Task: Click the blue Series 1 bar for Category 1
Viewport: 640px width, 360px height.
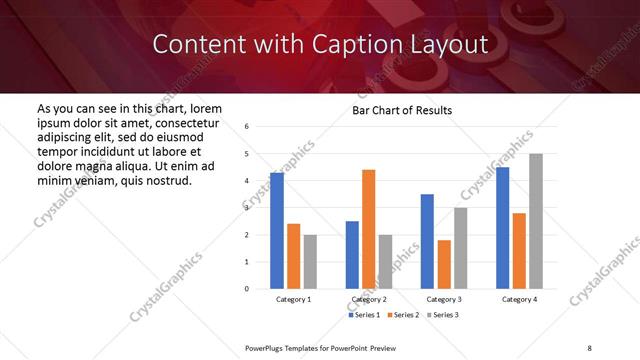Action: pos(277,231)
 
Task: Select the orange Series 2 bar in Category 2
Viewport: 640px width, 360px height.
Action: pos(368,229)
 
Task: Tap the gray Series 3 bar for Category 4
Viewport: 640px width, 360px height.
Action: pos(536,221)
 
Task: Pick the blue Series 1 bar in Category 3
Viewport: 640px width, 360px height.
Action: pos(427,241)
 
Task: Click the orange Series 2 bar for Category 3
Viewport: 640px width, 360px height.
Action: pos(444,264)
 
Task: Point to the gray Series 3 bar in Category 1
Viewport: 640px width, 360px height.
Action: pos(310,262)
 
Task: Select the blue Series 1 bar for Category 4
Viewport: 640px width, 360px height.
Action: pos(502,228)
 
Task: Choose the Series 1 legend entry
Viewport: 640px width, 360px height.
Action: pos(364,315)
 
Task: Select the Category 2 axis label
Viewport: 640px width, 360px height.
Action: pos(368,299)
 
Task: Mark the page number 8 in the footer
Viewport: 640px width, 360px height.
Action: pos(588,346)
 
